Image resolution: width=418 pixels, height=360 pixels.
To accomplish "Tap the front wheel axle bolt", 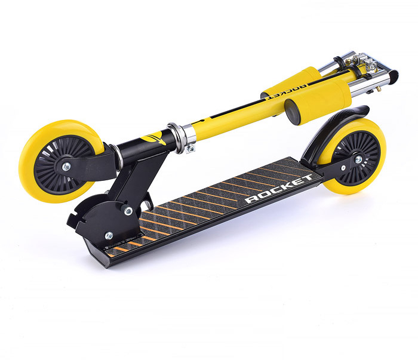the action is coord(66,167).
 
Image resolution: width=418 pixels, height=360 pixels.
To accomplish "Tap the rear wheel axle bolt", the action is coord(358,160).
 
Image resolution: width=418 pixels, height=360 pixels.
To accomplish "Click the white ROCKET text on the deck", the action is coord(279,189).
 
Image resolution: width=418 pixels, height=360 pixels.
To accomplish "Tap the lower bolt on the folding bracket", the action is coord(109,236).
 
